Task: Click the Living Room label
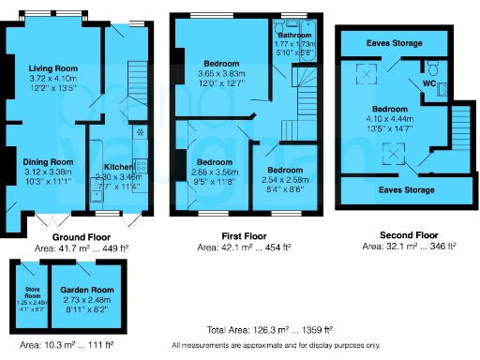tap(52, 68)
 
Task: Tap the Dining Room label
tap(47, 161)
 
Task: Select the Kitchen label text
tap(118, 167)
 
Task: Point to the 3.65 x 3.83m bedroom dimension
tap(213, 72)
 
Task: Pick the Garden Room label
tap(86, 291)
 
